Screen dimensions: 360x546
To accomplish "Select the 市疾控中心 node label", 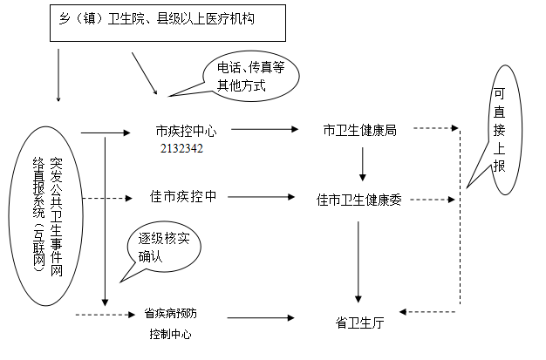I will pyautogui.click(x=185, y=131).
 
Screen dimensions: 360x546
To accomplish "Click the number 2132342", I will pyautogui.click(x=181, y=148).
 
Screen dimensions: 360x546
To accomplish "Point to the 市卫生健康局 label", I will pyautogui.click(x=359, y=130).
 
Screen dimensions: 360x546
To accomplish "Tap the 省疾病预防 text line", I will pyautogui.click(x=171, y=311).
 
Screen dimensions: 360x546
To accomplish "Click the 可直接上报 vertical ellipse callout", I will pyautogui.click(x=499, y=131).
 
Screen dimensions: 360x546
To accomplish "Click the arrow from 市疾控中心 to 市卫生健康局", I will pyautogui.click(x=262, y=131).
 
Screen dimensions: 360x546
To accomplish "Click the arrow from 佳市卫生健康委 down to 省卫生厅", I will pyautogui.click(x=358, y=262).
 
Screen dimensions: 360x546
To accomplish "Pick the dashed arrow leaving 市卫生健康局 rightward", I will pyautogui.click(x=436, y=130).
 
